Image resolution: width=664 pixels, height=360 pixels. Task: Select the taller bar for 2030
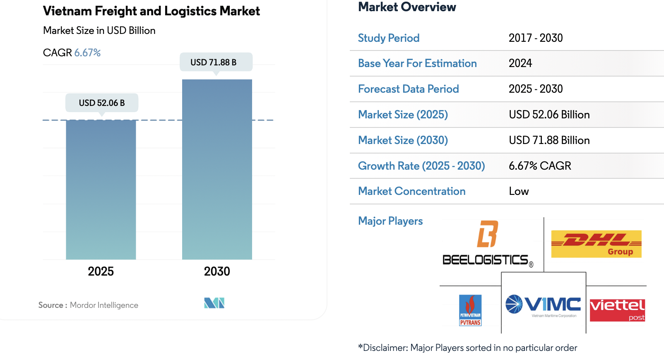[217, 169]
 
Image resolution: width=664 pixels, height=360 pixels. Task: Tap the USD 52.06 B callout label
[102, 103]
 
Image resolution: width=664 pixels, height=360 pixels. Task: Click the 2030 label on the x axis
[217, 271]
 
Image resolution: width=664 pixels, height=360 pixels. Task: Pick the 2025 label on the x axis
[101, 271]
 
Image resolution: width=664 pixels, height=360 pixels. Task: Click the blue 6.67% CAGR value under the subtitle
[87, 53]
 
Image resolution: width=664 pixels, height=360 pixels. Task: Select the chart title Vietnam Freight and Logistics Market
[152, 11]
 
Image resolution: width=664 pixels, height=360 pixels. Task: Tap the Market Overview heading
[407, 7]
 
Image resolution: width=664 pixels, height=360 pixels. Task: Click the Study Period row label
[389, 38]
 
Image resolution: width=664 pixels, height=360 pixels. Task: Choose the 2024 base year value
[520, 63]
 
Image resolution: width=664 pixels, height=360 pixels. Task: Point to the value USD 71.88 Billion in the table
[549, 140]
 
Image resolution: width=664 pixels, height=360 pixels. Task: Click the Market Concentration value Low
[519, 191]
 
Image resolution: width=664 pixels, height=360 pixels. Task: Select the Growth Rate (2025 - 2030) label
[421, 166]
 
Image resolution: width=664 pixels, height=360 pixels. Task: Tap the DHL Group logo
[596, 244]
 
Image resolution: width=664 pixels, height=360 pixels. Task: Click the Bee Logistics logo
[488, 244]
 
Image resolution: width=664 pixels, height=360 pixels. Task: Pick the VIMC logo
[544, 305]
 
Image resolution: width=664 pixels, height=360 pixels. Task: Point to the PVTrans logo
[470, 310]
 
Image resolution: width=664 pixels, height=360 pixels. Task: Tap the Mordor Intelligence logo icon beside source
[214, 303]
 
